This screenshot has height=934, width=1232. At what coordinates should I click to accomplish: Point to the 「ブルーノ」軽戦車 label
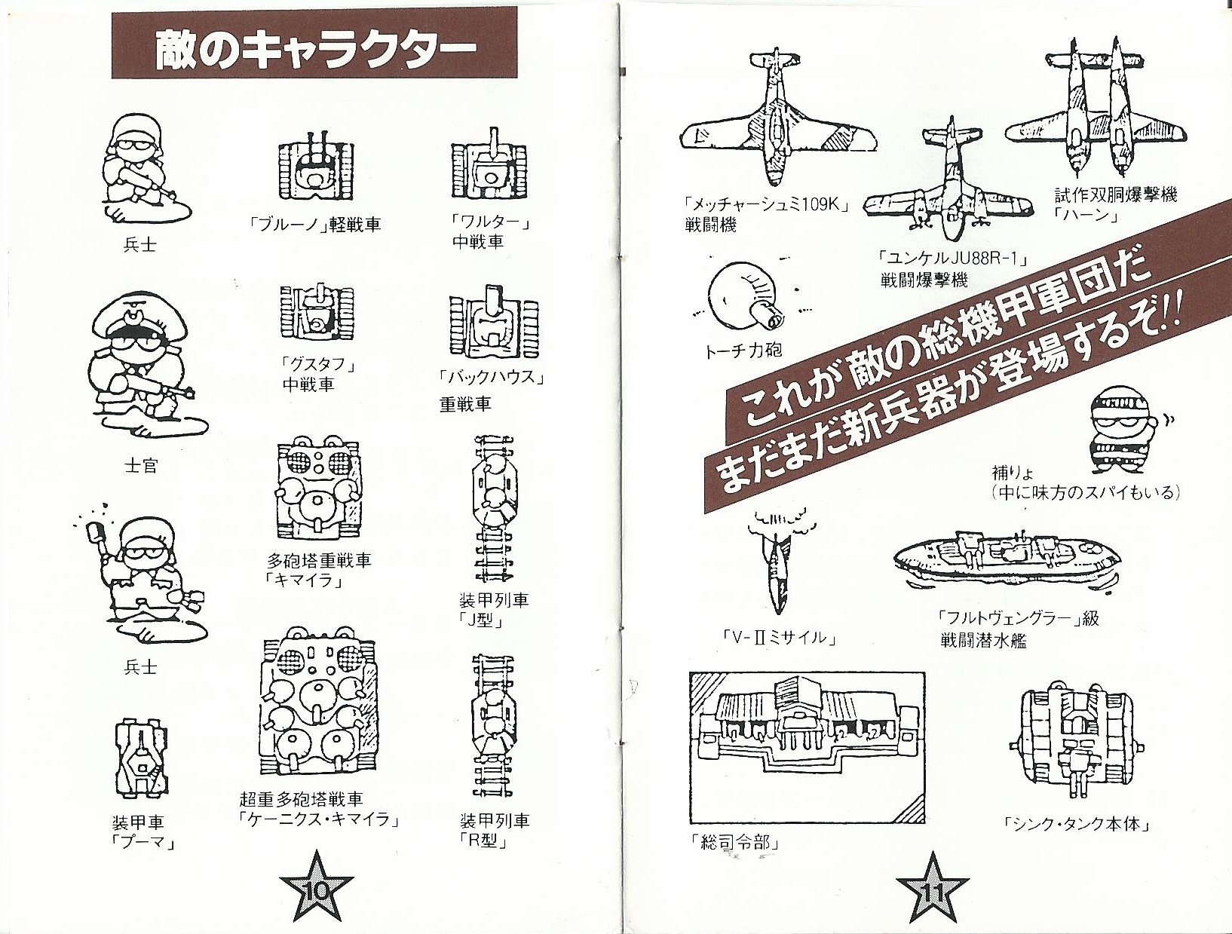[314, 225]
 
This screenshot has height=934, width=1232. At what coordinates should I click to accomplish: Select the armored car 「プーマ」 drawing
[141, 758]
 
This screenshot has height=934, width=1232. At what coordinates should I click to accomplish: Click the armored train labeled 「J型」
[494, 511]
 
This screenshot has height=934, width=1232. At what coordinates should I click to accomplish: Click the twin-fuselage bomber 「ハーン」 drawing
[1095, 112]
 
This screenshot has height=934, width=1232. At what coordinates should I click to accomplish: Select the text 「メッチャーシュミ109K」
[766, 205]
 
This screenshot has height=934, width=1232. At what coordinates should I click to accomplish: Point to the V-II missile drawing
[779, 561]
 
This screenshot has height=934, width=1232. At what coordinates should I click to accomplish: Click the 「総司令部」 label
[737, 843]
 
